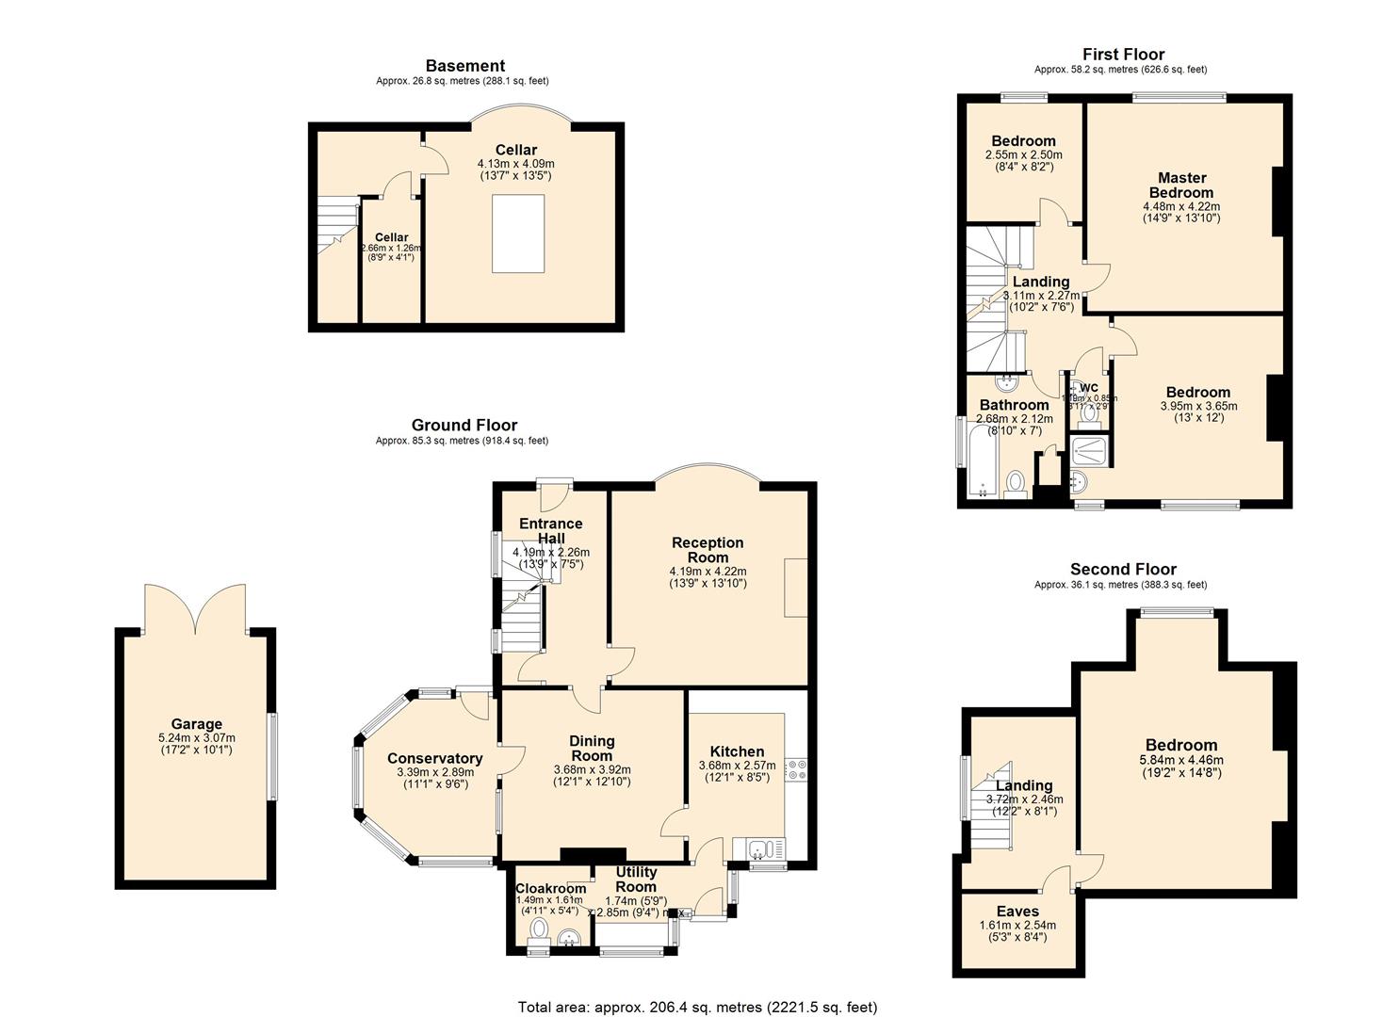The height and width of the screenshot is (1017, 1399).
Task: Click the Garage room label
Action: pos(196,724)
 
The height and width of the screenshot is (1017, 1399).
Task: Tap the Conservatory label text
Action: pos(434,758)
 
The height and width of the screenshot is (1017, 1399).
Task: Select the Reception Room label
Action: pos(708,549)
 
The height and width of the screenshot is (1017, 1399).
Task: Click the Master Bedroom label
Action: pos(1181,185)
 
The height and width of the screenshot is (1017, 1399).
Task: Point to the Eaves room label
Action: pos(1017,911)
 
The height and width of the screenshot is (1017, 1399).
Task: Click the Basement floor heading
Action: pos(464,66)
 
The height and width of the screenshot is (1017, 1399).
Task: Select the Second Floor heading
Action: pos(1123,569)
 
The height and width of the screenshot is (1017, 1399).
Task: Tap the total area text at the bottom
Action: pos(697,1007)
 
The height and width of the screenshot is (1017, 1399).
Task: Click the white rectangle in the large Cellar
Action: pos(519,234)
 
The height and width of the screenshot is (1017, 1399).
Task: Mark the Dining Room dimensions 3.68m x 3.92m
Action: pos(592,768)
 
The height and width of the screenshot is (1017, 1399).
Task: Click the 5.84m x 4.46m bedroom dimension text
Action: pos(1181,760)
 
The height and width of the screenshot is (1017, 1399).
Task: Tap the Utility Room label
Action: pos(636,880)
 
